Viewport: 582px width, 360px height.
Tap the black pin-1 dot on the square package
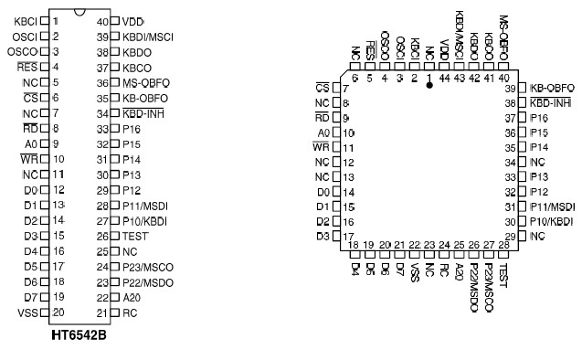click(429, 83)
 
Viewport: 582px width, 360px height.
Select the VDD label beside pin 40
click(133, 20)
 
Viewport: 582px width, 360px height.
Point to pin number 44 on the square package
click(444, 79)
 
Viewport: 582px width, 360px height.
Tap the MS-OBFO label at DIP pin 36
click(146, 82)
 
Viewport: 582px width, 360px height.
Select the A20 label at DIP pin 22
click(132, 297)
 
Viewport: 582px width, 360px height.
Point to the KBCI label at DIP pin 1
click(26, 20)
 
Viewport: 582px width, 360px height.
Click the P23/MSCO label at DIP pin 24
click(148, 266)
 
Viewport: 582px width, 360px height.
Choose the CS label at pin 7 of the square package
click(322, 88)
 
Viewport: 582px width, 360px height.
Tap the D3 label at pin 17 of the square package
click(323, 237)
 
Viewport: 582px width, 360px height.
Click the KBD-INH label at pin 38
click(551, 102)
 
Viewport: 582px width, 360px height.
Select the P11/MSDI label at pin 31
click(553, 206)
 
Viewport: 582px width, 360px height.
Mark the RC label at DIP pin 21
click(129, 312)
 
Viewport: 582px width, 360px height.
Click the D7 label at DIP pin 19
click(29, 297)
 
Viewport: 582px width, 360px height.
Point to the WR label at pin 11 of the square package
click(321, 147)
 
